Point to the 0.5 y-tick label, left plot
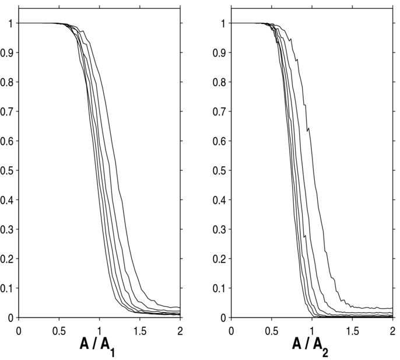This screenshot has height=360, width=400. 8,170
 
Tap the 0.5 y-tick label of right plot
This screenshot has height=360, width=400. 221,170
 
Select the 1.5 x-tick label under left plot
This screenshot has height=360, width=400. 139,330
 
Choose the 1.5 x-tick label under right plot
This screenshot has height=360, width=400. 352,330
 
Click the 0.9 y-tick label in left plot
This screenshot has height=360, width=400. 8,53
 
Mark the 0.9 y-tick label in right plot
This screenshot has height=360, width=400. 221,53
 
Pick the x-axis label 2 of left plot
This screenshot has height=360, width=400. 180,330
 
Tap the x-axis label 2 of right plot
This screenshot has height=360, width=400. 392,330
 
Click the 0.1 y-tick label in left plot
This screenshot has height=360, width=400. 8,288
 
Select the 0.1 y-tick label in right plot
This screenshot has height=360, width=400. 221,288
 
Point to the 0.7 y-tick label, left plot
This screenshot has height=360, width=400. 8,111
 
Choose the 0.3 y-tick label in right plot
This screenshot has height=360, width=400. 221,229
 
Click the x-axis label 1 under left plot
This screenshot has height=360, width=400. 99,330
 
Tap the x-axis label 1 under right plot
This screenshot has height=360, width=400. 312,330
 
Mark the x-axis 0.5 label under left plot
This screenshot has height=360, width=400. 59,330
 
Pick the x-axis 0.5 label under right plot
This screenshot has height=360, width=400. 272,330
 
